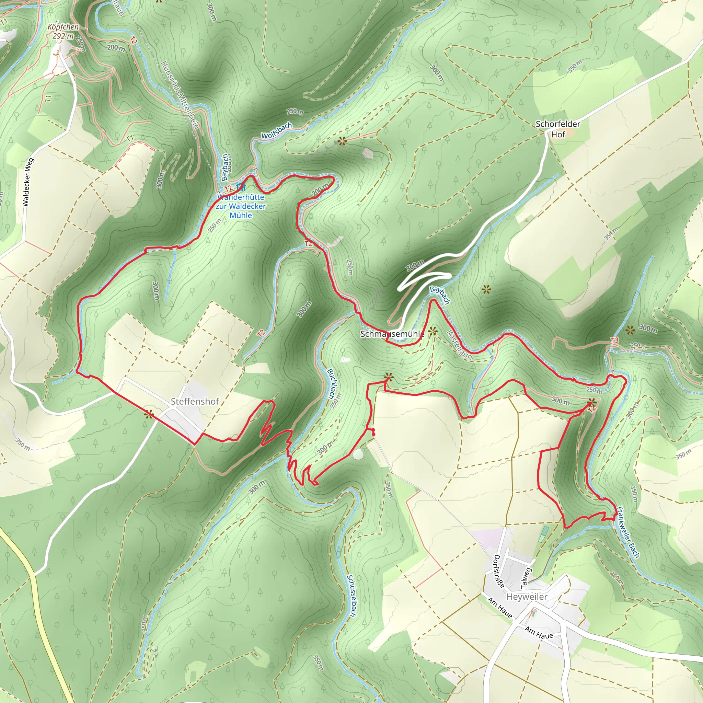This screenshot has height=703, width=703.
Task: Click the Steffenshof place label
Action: (195, 401)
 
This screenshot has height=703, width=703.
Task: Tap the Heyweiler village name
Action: (527, 597)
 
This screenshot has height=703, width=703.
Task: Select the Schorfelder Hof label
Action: (558, 129)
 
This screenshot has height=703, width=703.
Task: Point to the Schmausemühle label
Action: (392, 334)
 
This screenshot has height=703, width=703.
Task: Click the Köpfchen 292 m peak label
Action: (63, 32)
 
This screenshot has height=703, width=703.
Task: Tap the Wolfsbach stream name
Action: (277, 131)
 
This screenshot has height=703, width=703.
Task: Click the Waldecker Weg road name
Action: (28, 182)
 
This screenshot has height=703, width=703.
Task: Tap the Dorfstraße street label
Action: (499, 571)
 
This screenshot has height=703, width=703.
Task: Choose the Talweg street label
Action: (526, 578)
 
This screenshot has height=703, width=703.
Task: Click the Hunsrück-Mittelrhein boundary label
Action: (180, 95)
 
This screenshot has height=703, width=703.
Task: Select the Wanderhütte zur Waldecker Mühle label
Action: (241, 206)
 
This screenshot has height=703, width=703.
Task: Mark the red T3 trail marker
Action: (614, 340)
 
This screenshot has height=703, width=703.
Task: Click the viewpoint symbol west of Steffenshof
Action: (148, 414)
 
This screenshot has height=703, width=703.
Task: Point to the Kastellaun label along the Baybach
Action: (459, 345)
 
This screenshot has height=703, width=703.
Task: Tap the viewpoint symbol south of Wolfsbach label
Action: (341, 141)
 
